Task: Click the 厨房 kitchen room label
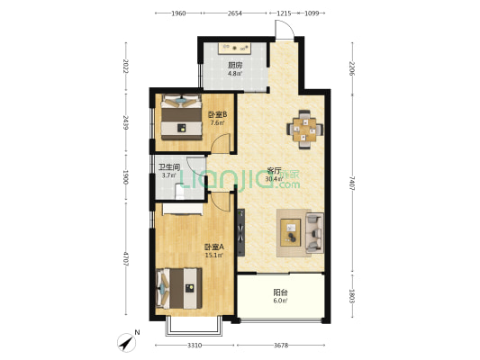tap(235, 65)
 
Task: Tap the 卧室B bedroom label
tap(217, 114)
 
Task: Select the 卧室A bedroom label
tap(214, 247)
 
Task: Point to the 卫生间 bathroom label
tap(168, 167)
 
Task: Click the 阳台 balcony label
tap(280, 292)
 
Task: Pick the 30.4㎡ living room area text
tap(274, 179)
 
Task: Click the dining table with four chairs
tap(304, 130)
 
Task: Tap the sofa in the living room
tap(314, 233)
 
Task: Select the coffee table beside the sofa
tap(291, 233)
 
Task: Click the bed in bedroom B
tap(182, 117)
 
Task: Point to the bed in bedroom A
tap(179, 288)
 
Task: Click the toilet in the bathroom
tap(180, 192)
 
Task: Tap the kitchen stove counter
tap(234, 49)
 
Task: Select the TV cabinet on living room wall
tap(241, 232)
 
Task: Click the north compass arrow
tap(127, 343)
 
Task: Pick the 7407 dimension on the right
tap(352, 184)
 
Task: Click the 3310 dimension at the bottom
tap(195, 346)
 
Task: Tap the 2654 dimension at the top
tap(235, 13)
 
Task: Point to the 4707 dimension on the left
tap(125, 259)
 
